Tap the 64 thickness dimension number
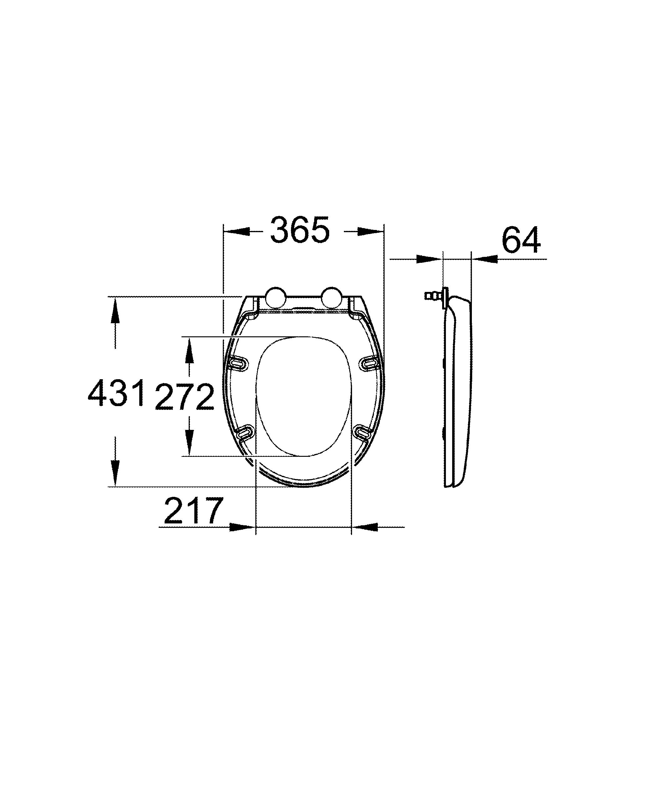[x=521, y=240]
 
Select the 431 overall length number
[x=116, y=393]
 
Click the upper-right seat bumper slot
[x=370, y=363]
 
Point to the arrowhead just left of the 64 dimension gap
[x=429, y=259]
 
